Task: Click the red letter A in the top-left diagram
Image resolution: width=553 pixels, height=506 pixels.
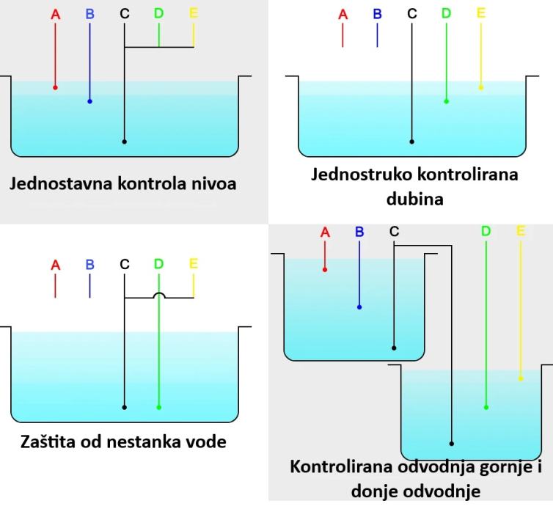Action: (56, 14)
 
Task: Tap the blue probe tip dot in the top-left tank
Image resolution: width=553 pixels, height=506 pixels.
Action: (90, 101)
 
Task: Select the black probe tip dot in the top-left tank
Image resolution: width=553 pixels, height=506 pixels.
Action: (125, 141)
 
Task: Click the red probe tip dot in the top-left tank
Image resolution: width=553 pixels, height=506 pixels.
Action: (56, 87)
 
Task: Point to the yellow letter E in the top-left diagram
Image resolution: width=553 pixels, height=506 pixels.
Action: (194, 14)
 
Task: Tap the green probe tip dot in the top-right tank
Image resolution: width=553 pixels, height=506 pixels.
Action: (446, 101)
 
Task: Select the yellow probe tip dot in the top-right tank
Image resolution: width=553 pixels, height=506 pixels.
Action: (481, 87)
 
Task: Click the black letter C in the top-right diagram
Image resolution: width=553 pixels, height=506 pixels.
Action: (411, 14)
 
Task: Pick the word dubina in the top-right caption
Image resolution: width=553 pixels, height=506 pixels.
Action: (414, 199)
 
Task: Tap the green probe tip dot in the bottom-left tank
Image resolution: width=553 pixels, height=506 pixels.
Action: (159, 407)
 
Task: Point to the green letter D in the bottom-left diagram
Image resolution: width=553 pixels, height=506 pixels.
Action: (159, 264)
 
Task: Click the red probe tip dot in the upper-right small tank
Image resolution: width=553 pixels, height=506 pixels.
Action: (325, 269)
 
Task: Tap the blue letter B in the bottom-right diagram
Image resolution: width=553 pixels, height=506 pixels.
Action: (359, 232)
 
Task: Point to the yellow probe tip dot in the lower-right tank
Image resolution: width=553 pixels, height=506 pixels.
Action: (521, 379)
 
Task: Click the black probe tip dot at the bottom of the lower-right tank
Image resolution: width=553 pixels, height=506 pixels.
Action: (452, 443)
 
